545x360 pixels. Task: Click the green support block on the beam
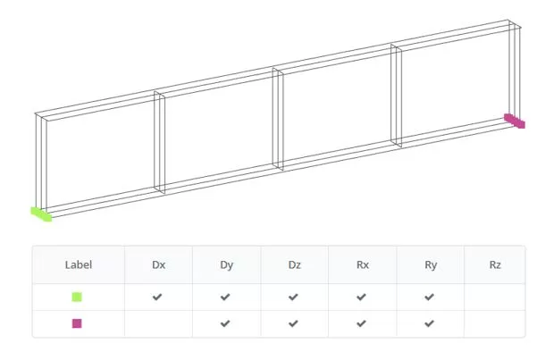(41, 214)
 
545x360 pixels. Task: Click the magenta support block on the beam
(515, 121)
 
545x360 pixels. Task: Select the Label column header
(79, 264)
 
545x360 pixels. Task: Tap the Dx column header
(158, 264)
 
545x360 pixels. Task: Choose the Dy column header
(227, 265)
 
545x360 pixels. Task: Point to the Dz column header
(295, 264)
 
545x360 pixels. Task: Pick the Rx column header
(363, 264)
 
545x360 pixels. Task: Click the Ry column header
(431, 265)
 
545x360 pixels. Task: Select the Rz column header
(495, 264)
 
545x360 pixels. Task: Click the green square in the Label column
(77, 297)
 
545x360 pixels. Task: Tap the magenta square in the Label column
(77, 323)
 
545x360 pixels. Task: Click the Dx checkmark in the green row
(157, 297)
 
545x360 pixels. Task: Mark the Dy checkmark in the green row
(225, 297)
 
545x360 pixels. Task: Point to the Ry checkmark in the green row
(429, 297)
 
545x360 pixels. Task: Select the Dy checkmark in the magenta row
(225, 323)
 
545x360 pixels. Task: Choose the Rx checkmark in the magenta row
(361, 323)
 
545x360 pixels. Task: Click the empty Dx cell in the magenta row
(158, 324)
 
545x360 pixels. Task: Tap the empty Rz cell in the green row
(495, 297)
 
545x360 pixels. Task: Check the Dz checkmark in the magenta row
(293, 323)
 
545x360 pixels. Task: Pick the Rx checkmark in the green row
(361, 297)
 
